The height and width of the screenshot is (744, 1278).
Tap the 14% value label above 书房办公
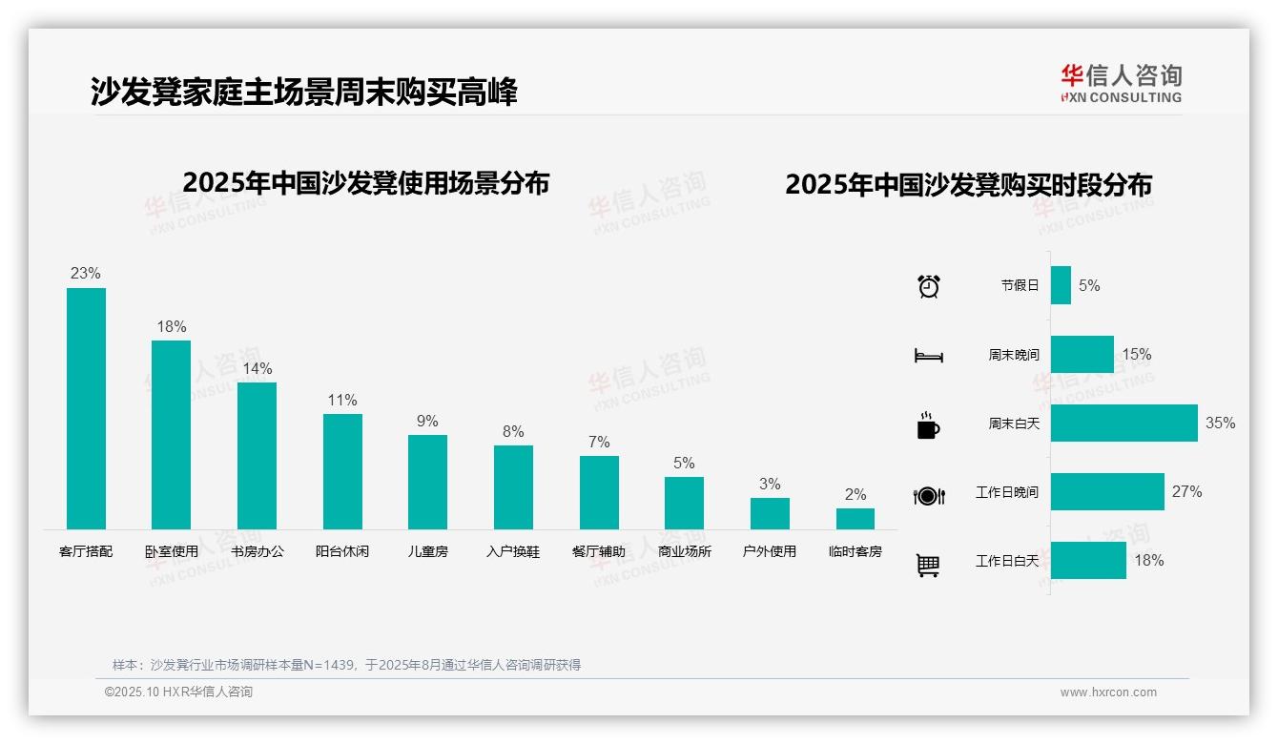point(257,368)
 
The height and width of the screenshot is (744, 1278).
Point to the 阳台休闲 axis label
point(342,551)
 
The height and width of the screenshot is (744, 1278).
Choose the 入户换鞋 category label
point(513,551)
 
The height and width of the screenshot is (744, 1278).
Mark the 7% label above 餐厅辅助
point(599,442)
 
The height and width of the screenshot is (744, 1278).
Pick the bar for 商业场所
point(684,503)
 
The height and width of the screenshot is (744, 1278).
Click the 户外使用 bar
point(770,513)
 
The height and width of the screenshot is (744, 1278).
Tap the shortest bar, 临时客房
point(855,519)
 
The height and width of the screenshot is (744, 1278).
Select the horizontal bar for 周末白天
point(1123,423)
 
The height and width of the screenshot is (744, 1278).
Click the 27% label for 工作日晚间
point(1186,491)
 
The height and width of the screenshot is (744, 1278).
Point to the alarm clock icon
point(928,285)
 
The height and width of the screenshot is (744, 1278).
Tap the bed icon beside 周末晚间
point(928,355)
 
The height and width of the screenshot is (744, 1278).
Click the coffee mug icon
point(928,424)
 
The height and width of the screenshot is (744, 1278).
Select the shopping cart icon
point(928,565)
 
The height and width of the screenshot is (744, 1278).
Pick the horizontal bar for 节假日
point(1061,285)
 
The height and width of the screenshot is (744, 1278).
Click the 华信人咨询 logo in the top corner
point(1121,83)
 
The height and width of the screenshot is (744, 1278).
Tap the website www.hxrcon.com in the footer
point(1108,692)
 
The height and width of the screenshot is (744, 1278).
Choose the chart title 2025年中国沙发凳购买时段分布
point(968,184)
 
